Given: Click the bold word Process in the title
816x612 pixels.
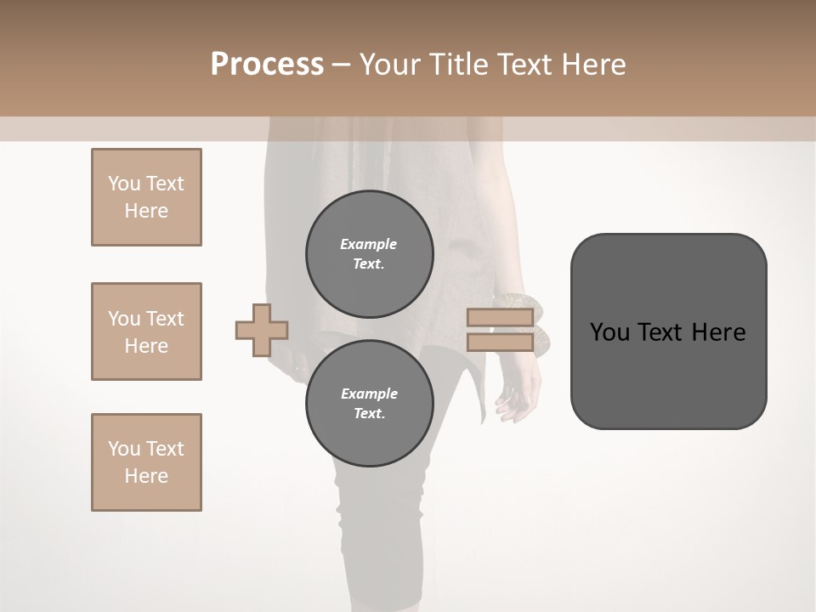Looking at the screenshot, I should pyautogui.click(x=267, y=65).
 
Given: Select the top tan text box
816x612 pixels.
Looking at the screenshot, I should pyautogui.click(x=146, y=197).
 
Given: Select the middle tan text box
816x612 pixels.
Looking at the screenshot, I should pyautogui.click(x=146, y=331).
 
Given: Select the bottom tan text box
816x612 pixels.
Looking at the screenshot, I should pyautogui.click(x=146, y=462).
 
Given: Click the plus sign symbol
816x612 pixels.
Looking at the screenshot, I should pyautogui.click(x=262, y=330).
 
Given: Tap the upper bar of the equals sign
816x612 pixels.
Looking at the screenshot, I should pyautogui.click(x=500, y=318).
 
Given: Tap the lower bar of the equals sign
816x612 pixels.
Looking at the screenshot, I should pyautogui.click(x=500, y=343).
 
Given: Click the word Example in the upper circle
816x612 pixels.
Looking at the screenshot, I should pyautogui.click(x=369, y=244).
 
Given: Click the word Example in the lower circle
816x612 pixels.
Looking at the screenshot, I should pyautogui.click(x=369, y=394).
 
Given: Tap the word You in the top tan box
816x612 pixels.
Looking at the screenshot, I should pyautogui.click(x=124, y=184).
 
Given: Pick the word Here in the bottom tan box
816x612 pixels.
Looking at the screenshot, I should pyautogui.click(x=146, y=476).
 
